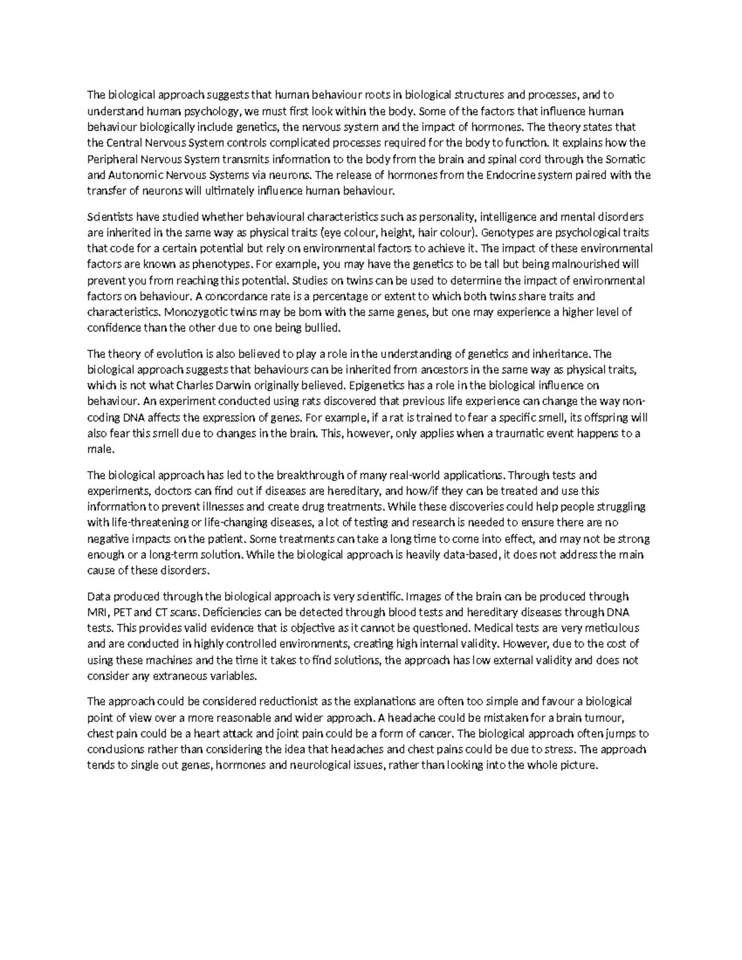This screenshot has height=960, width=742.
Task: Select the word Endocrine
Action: [508, 175]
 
